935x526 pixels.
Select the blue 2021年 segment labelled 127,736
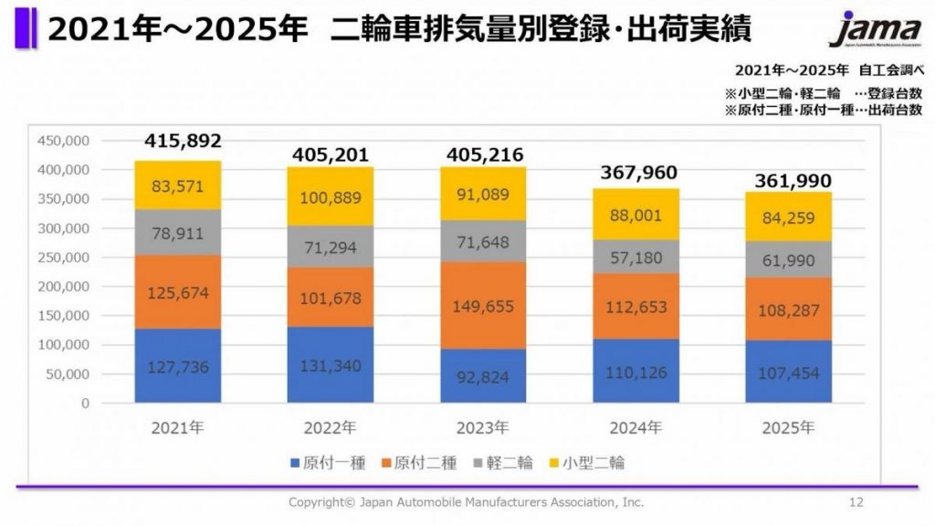pos(178,365)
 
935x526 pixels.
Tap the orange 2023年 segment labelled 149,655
pos(483,305)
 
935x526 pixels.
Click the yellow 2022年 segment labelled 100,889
pos(331,195)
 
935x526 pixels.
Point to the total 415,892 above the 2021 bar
pos(183,142)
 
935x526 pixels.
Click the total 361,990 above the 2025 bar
pos(793,182)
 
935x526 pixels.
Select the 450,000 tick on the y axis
pos(64,141)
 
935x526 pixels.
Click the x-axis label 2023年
pos(483,427)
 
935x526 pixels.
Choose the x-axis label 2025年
pos(788,427)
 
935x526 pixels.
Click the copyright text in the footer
pos(466,502)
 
